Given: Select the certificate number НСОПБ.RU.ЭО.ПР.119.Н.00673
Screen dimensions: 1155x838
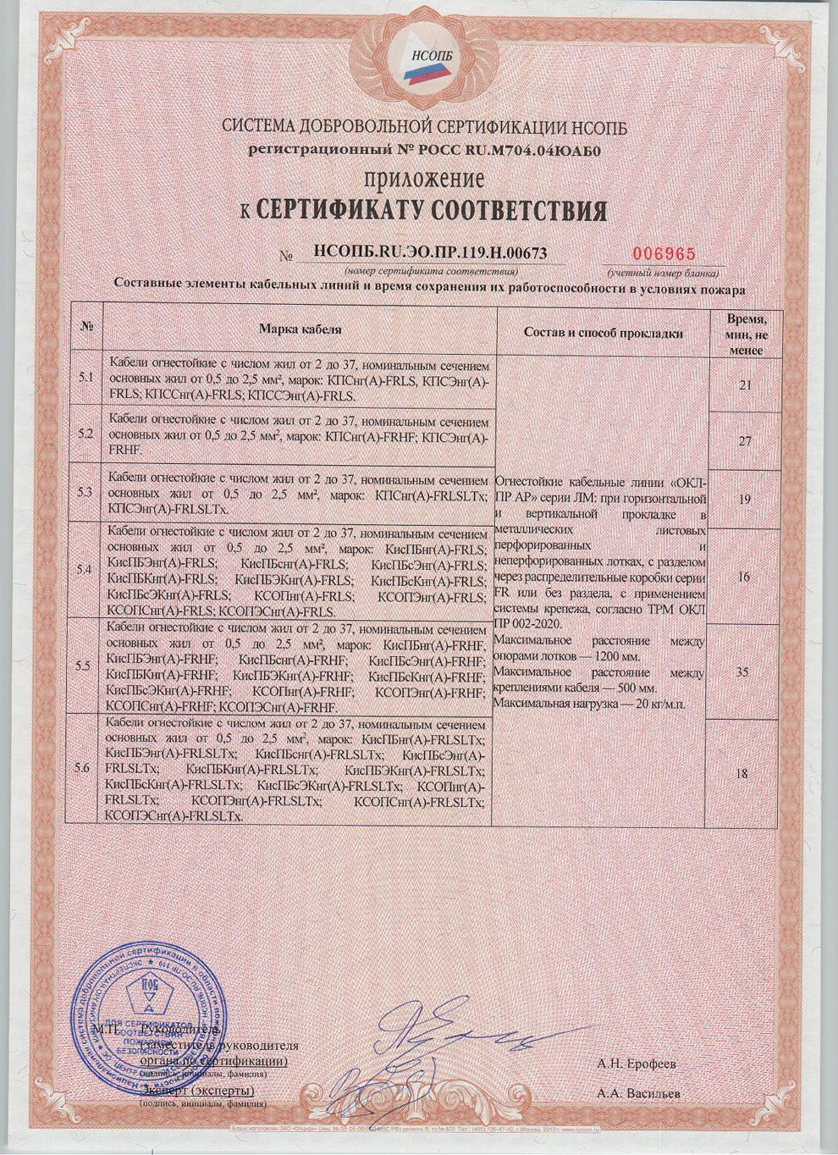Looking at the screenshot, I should [430, 251].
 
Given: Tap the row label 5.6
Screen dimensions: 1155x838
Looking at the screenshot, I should [83, 768].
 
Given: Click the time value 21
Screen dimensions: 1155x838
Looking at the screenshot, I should [745, 385].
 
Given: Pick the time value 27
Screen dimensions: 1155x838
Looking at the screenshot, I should [745, 441].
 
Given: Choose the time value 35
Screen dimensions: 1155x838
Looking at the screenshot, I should [742, 672].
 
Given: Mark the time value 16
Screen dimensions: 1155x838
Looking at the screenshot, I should [744, 577].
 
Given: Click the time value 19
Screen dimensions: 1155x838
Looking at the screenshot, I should [744, 500].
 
